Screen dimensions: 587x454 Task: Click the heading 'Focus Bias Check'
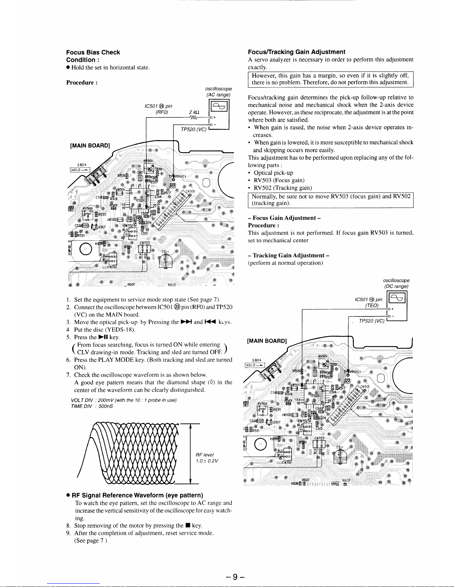[x=93, y=52]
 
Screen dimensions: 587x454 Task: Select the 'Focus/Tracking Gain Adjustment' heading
[x=296, y=52]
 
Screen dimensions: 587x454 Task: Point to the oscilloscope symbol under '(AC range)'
[x=218, y=108]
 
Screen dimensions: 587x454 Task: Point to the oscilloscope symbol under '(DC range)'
[x=396, y=298]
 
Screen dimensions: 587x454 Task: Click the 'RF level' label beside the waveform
[x=205, y=454]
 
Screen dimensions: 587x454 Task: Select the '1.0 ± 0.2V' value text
[x=207, y=461]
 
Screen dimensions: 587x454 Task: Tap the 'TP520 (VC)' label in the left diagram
[x=193, y=129]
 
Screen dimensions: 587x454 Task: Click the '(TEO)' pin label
[x=372, y=306]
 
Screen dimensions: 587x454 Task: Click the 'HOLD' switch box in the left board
[x=78, y=170]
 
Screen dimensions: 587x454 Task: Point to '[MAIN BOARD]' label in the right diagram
[x=267, y=341]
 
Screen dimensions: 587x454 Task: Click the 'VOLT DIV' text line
[x=123, y=400]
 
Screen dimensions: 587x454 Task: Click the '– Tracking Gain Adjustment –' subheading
[x=289, y=255]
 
